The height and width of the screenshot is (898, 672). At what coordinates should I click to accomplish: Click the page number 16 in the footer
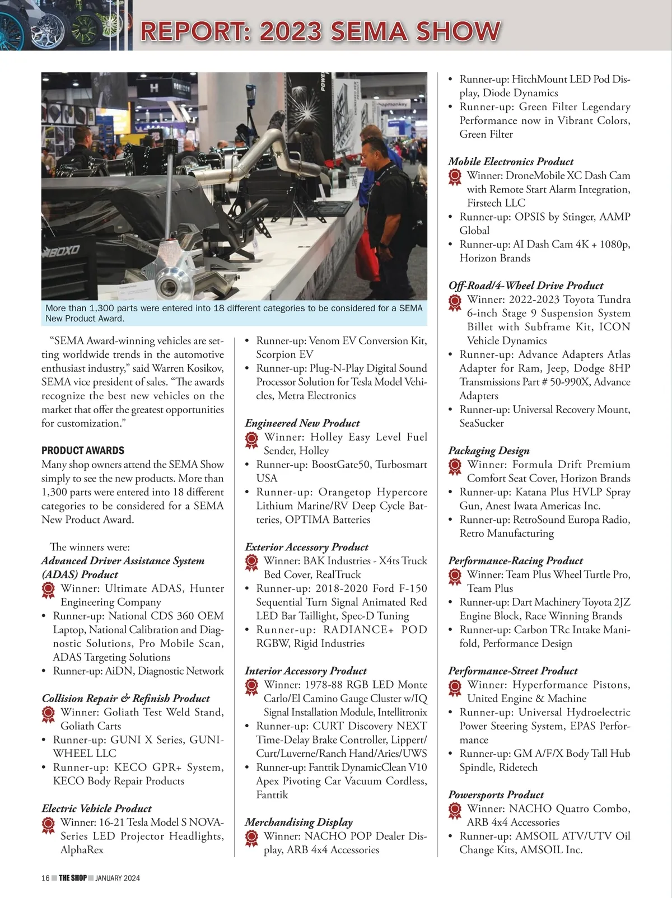click(45, 878)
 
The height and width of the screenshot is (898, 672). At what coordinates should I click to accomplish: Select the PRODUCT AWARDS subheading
click(83, 451)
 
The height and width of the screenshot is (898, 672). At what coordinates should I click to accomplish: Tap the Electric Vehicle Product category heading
click(96, 808)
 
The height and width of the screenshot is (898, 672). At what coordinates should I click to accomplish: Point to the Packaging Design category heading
click(488, 451)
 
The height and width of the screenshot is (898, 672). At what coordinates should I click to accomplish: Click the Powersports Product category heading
click(496, 794)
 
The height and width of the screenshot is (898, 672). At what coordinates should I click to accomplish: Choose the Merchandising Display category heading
click(298, 822)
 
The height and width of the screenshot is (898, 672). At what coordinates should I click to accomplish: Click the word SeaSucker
click(482, 423)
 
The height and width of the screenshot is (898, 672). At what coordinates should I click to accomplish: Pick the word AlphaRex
click(82, 849)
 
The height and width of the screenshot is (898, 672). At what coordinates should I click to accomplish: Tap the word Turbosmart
click(401, 465)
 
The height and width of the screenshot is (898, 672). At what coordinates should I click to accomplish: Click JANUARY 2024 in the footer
click(118, 878)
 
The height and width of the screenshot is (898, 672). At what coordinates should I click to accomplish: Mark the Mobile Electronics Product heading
click(511, 162)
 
